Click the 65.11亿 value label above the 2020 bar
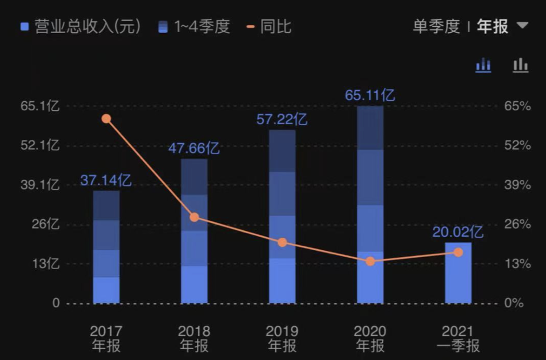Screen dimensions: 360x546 click(370, 95)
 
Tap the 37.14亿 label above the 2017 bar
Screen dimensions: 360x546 click(106, 181)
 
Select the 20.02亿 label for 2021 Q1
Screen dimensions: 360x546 click(458, 232)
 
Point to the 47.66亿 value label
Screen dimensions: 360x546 click(194, 148)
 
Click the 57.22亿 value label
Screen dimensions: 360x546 click(282, 119)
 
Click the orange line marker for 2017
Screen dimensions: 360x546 click(106, 119)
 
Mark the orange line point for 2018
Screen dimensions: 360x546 click(195, 217)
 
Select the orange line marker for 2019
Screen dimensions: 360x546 click(283, 242)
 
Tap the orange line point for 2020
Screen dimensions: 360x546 click(370, 262)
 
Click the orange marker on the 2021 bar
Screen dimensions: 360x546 click(458, 252)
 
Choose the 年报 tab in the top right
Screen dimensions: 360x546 click(493, 26)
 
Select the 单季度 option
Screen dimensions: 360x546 click(436, 26)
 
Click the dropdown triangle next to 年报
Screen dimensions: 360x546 click(522, 26)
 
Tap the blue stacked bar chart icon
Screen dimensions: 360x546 click(483, 65)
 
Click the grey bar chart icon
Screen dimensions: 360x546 click(520, 65)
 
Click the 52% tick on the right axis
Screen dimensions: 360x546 click(518, 146)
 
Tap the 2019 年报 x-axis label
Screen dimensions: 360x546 click(282, 338)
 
